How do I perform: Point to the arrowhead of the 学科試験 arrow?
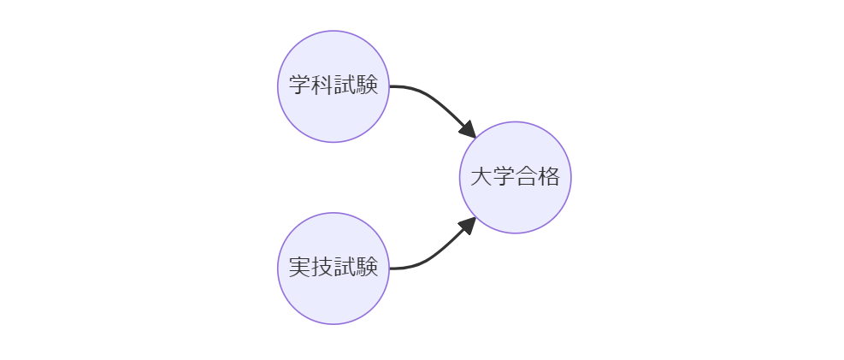[469, 131]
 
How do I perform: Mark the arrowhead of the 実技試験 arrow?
[469, 224]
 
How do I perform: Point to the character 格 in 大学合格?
[548, 177]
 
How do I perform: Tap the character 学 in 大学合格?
[504, 177]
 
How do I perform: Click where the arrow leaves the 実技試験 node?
[391, 269]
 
